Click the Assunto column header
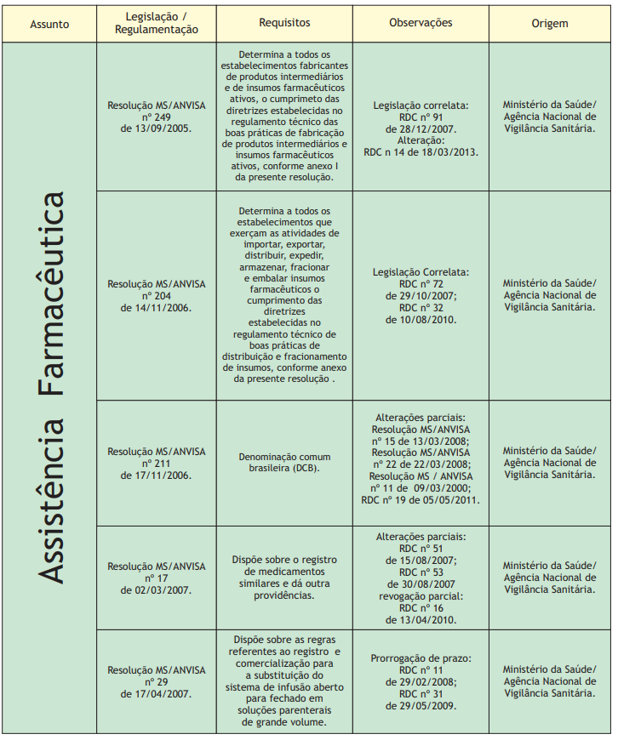tap(49, 23)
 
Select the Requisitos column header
tap(284, 23)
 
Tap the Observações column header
tap(421, 23)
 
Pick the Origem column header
tap(549, 23)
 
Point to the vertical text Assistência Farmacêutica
tap(51, 387)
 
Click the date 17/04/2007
tap(156, 693)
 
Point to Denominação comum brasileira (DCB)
tap(284, 463)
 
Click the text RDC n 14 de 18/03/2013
tap(421, 151)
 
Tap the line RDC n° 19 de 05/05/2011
tap(421, 500)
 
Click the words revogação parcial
tap(421, 596)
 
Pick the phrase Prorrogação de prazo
tap(421, 658)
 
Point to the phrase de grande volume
tap(284, 723)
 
